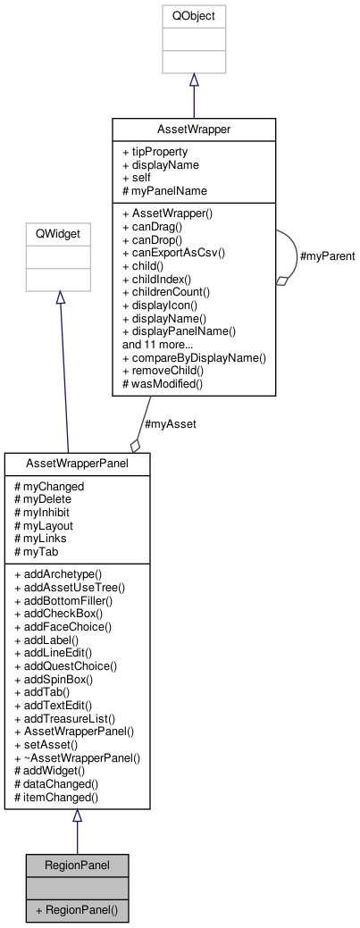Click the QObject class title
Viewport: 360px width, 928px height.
point(194,16)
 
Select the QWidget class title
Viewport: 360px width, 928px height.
point(58,235)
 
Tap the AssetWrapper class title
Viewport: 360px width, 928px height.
point(194,129)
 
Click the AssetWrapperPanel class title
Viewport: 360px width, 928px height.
point(77,464)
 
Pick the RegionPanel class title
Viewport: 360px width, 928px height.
point(77,865)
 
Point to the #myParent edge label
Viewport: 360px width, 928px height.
point(328,256)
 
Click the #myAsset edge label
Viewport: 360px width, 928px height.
point(170,423)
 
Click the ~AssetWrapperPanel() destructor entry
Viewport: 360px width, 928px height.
point(77,757)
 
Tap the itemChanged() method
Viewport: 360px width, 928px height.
point(55,797)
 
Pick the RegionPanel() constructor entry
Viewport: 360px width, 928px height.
point(77,910)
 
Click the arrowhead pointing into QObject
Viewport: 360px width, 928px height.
point(194,79)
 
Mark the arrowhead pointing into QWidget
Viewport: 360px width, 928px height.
point(60,297)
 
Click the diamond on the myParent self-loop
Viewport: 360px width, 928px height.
point(282,280)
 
